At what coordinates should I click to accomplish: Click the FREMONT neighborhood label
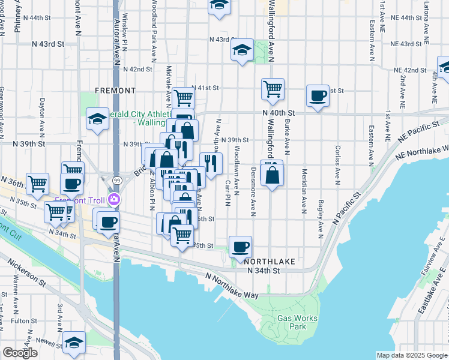(115, 91)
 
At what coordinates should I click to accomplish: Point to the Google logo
(20, 353)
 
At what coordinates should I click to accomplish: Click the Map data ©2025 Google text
(412, 355)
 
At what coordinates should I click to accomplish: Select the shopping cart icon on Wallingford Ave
(273, 89)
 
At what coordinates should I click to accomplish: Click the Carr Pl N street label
(228, 192)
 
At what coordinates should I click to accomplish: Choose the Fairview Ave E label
(434, 263)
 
